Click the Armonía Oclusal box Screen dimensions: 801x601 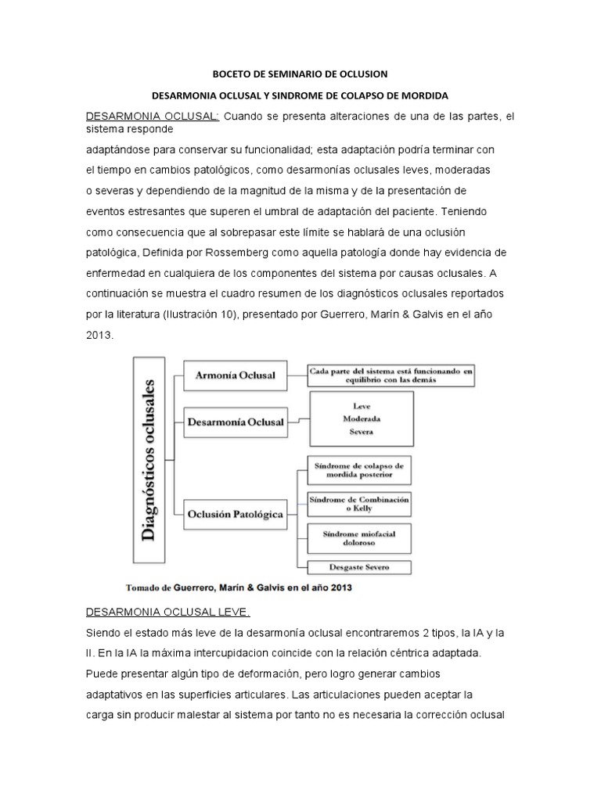235,375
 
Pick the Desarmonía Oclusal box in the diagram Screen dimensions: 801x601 236,421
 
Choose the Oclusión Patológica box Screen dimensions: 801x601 235,514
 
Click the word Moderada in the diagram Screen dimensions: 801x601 362,418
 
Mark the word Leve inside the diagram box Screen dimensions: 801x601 362,406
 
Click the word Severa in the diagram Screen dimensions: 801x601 362,431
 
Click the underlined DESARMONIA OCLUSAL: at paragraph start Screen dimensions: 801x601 153,117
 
